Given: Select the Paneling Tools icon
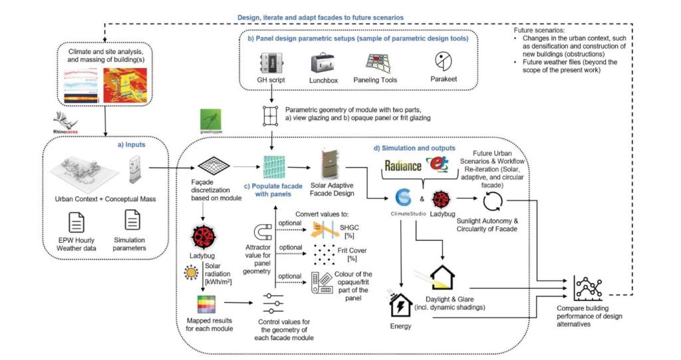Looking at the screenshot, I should point(380,64).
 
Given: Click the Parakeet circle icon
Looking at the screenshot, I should point(442,62).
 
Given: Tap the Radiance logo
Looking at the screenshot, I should point(402,165).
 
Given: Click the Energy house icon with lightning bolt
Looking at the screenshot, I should point(400,305).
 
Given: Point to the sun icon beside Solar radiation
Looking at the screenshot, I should point(191,271).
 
